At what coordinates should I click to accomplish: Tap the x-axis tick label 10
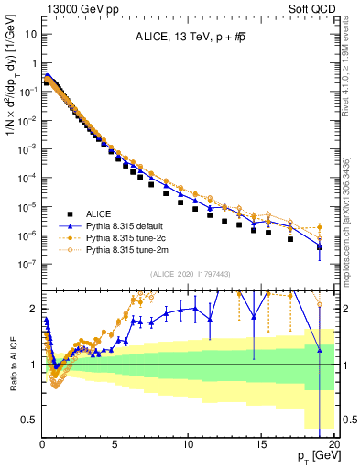pos(189,441)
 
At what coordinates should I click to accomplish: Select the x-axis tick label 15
pos(262,441)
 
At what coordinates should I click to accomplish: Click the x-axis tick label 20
pos(334,441)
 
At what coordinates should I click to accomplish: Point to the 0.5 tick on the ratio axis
pos(29,420)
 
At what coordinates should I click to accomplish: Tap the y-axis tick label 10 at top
pos(31,34)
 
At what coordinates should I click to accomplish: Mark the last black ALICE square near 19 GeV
pos(320,247)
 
